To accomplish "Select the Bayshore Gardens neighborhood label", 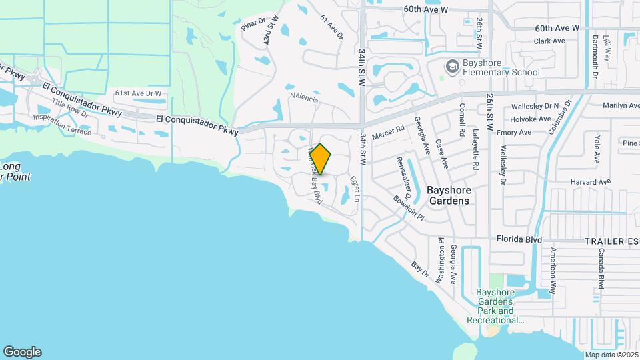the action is click(x=449, y=195).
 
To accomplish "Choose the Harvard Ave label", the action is click(x=591, y=181).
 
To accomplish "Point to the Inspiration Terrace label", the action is click(x=62, y=124).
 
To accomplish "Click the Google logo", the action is click(x=22, y=352).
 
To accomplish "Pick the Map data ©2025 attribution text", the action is click(x=611, y=355).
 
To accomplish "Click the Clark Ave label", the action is click(x=549, y=41).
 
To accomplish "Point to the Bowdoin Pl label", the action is click(x=409, y=207).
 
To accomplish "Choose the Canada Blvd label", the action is click(x=601, y=269).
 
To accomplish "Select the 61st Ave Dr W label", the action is click(x=138, y=93).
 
